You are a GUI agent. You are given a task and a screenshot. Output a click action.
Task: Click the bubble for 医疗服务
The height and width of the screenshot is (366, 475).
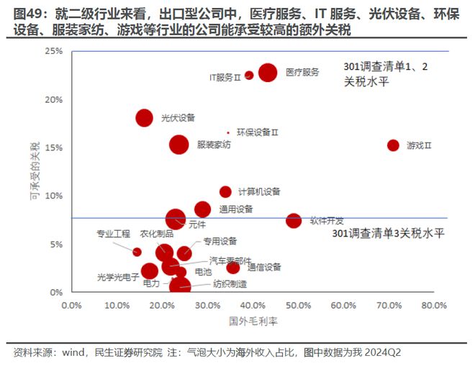click(x=268, y=73)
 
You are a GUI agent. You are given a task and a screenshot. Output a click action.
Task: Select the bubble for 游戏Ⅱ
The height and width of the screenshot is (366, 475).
click(x=393, y=145)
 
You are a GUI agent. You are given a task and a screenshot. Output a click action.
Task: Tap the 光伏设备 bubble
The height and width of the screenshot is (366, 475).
click(x=145, y=118)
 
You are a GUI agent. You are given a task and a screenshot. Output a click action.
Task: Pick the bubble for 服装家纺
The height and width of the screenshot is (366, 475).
click(x=178, y=145)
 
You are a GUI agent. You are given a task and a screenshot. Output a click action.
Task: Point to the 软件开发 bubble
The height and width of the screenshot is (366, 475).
click(x=294, y=220)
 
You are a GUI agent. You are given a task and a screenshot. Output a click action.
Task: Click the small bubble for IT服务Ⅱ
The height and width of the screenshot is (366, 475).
click(x=249, y=75)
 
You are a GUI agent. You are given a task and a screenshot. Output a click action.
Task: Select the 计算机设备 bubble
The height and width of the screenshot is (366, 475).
click(x=225, y=191)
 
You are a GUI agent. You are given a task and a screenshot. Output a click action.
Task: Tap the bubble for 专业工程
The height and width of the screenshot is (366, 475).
click(x=137, y=252)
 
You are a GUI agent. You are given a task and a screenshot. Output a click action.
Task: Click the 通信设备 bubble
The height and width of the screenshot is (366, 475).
click(x=232, y=267)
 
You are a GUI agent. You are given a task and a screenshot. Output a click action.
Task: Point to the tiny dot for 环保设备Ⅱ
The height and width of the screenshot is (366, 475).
click(x=228, y=132)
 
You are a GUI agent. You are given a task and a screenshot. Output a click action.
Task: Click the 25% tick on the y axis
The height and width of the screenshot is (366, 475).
click(x=53, y=51)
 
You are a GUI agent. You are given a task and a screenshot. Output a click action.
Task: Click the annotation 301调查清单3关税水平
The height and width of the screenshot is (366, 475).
click(x=389, y=234)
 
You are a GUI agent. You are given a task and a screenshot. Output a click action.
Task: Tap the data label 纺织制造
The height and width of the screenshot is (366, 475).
click(x=212, y=284)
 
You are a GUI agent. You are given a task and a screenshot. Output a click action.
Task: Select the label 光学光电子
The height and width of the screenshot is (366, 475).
click(x=117, y=277)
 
